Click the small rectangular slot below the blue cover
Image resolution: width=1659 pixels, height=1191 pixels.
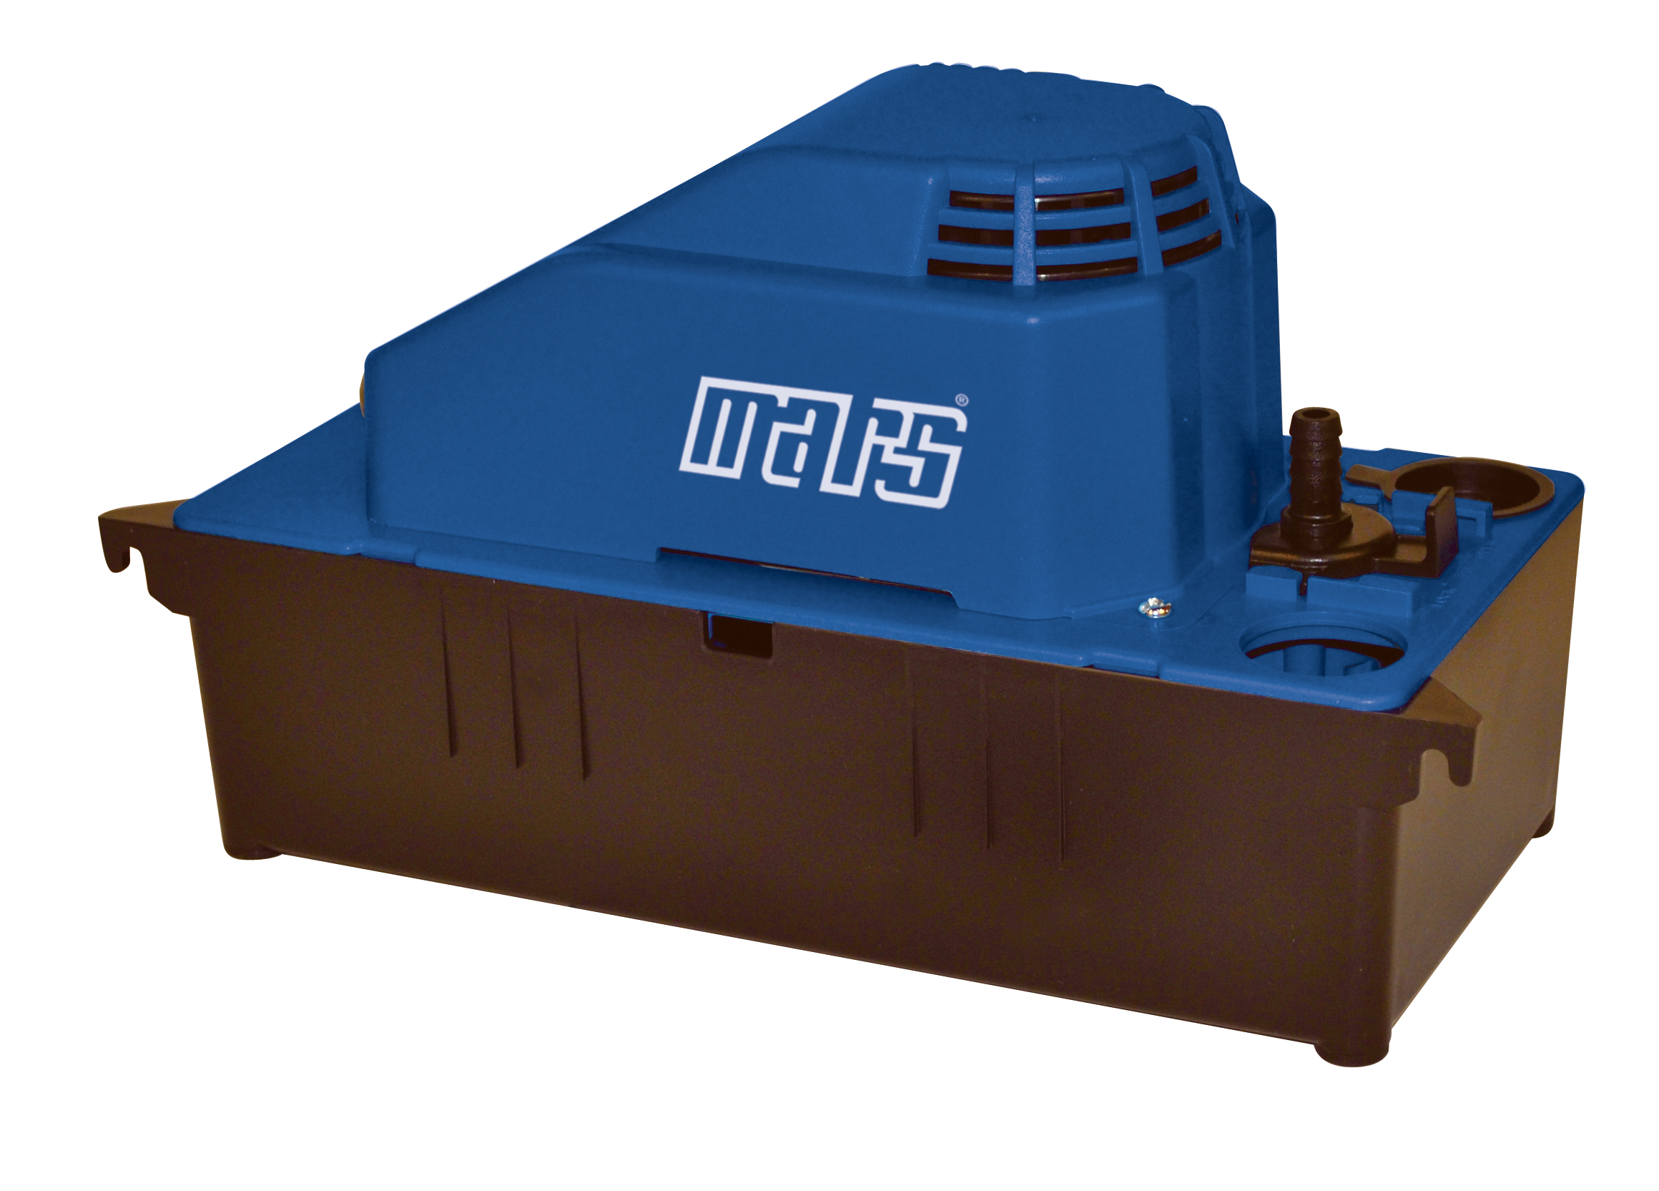click(737, 634)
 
